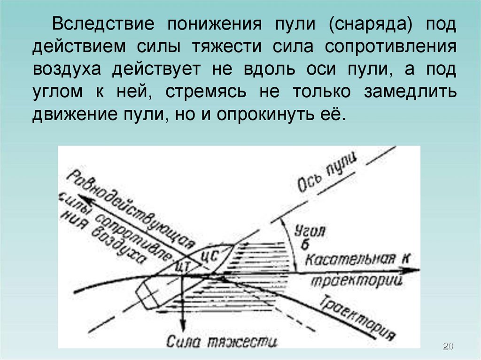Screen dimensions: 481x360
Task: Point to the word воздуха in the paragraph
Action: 67,69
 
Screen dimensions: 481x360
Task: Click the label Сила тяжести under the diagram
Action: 222,340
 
